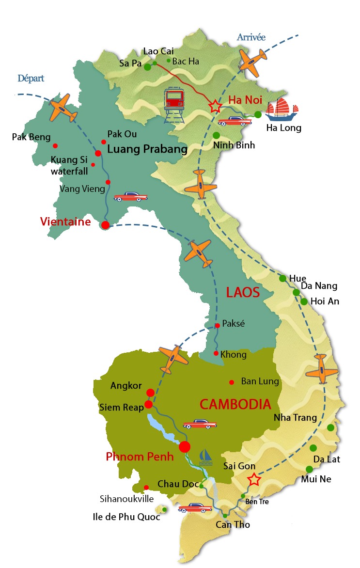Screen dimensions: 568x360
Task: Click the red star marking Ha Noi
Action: click(x=214, y=106)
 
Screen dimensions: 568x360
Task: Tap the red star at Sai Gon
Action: click(x=254, y=480)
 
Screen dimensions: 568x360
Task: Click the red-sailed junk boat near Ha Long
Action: click(x=282, y=109)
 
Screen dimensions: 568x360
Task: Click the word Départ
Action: click(x=31, y=78)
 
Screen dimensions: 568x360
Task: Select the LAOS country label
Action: click(x=243, y=292)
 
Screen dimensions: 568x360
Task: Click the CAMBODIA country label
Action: click(x=235, y=404)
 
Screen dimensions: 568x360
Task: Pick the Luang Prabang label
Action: click(x=147, y=149)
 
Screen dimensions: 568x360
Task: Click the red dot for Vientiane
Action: click(x=105, y=225)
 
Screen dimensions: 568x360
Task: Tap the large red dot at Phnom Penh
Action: click(x=185, y=447)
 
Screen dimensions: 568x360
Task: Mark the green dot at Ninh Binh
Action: click(x=217, y=135)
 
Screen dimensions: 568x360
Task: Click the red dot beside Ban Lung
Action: click(x=232, y=381)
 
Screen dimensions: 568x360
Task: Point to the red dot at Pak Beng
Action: click(x=56, y=146)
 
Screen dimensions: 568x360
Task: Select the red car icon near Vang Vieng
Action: click(x=130, y=197)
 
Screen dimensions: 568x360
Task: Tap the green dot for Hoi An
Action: click(x=304, y=301)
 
